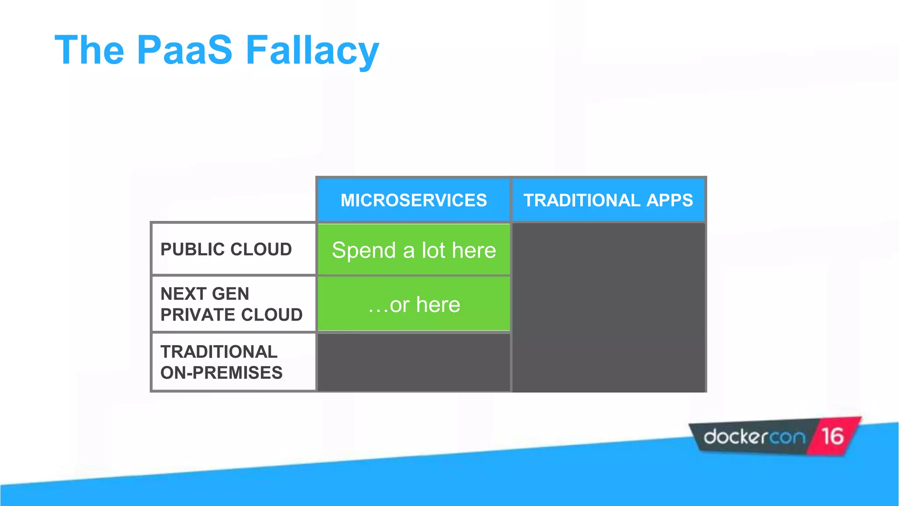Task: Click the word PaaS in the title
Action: tap(184, 50)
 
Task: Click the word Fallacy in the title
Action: tap(312, 50)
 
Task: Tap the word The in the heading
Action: tap(90, 50)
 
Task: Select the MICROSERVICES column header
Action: tap(414, 200)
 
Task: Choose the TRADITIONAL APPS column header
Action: tap(608, 200)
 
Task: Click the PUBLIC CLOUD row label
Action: tap(226, 249)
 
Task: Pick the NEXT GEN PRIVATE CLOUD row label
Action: tap(231, 304)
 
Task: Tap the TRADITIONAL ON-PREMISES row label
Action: tap(221, 362)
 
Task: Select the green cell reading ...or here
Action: tap(414, 304)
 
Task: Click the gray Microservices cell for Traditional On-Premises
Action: tap(414, 362)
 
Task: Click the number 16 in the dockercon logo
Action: tap(832, 437)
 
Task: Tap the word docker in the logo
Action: tap(736, 437)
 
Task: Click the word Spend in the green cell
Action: tap(364, 251)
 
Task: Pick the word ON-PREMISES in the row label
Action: tap(221, 373)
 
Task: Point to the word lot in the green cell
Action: tap(433, 250)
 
